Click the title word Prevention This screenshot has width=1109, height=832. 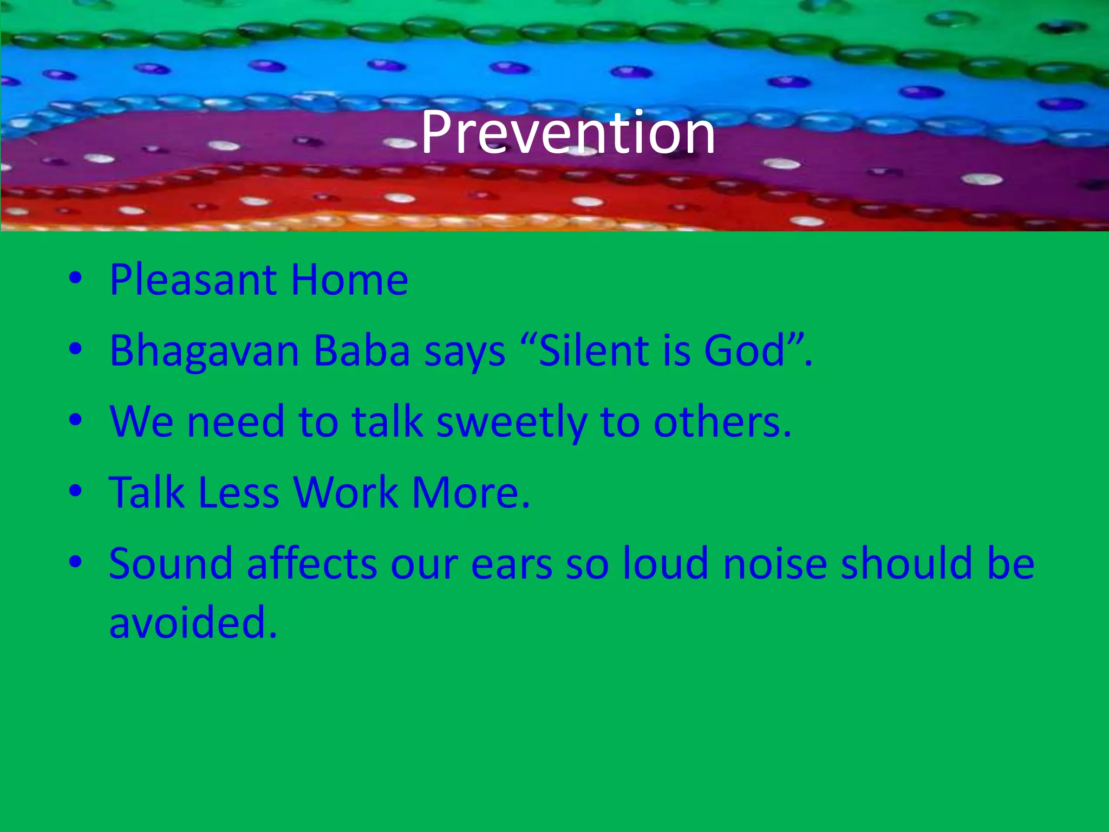tap(567, 133)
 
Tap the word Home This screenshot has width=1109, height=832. tap(349, 280)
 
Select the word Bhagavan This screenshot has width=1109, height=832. tap(204, 352)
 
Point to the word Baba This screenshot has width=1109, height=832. tap(362, 352)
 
